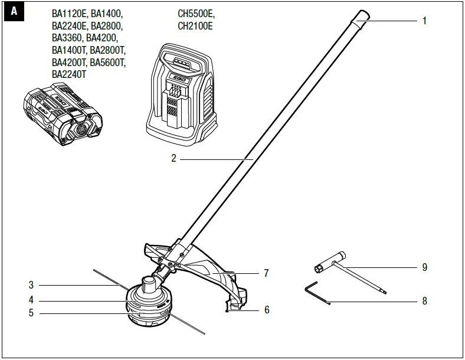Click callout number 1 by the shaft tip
click(424, 21)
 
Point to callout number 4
click(31, 300)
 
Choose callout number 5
click(31, 313)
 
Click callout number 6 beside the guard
click(267, 309)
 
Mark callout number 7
click(267, 273)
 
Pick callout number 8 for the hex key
click(424, 301)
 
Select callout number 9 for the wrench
click(424, 267)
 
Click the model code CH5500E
click(195, 13)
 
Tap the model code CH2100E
click(195, 26)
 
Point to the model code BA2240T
click(70, 74)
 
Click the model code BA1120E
click(70, 13)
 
